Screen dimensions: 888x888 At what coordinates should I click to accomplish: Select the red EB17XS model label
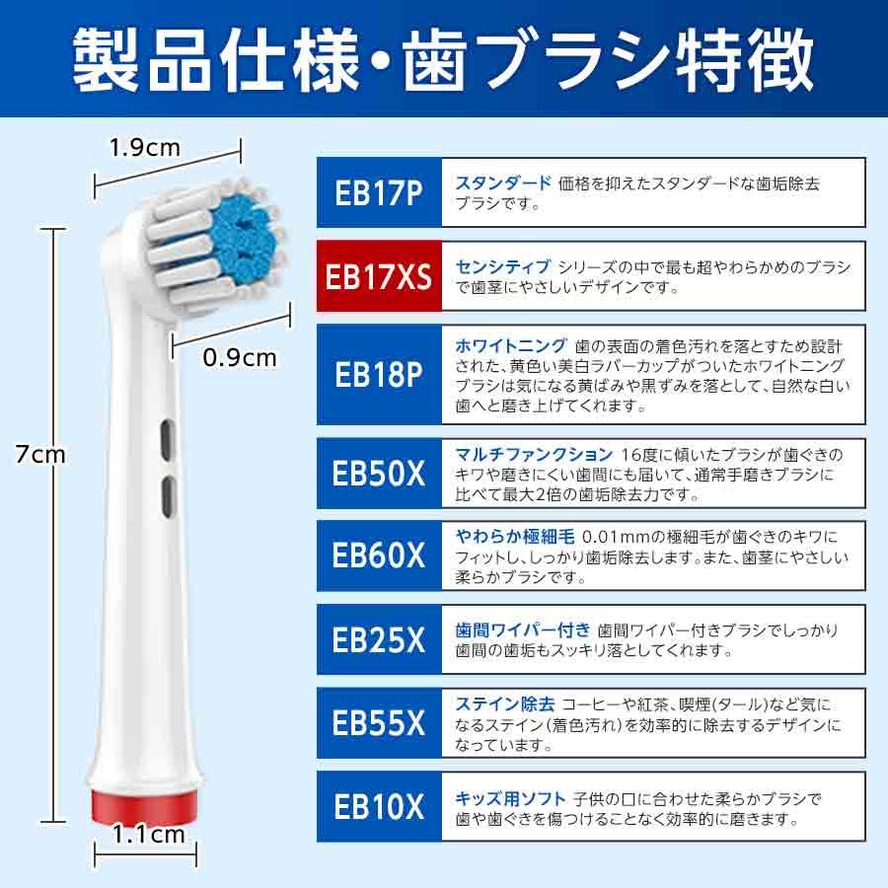(x=380, y=276)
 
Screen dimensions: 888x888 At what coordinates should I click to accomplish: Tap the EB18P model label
(x=380, y=375)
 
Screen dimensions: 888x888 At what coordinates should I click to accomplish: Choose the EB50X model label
(x=380, y=474)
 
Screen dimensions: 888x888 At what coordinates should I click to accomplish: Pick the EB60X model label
(x=380, y=555)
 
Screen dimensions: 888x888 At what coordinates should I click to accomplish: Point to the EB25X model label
(x=380, y=639)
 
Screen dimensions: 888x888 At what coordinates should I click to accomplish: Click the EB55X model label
(x=380, y=723)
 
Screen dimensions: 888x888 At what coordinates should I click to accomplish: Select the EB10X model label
(x=380, y=807)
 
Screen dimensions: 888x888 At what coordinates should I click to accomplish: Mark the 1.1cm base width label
(x=149, y=834)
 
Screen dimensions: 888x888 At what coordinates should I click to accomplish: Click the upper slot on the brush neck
(x=166, y=437)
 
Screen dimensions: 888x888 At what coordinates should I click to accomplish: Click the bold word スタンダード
(x=503, y=183)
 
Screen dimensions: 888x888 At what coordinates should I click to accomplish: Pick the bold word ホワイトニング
(x=510, y=345)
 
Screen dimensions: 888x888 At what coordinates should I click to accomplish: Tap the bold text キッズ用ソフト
(x=510, y=797)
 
